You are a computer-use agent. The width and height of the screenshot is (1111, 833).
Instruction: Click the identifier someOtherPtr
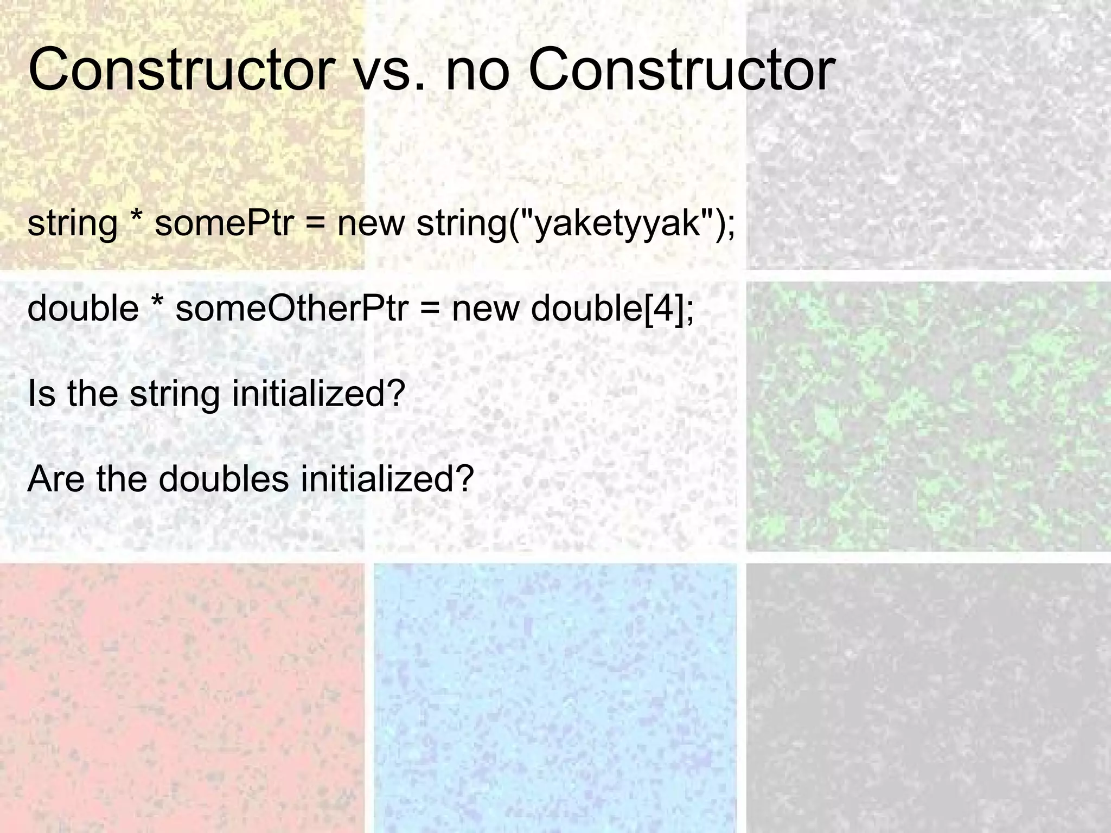[x=291, y=308]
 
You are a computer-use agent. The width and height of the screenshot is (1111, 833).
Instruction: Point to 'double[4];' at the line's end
[x=612, y=308]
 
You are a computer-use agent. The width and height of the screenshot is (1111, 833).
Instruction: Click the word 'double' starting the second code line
[x=83, y=308]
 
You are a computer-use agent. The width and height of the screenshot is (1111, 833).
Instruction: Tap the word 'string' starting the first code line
[x=72, y=223]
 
